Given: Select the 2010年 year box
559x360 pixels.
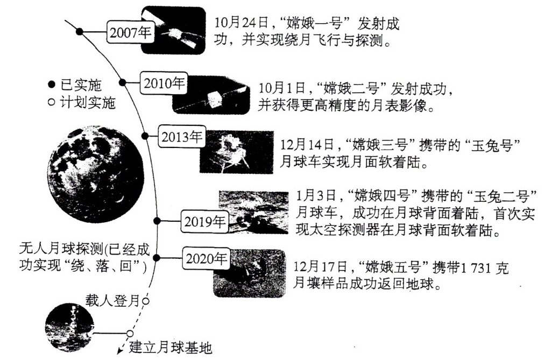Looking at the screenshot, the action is [x=164, y=83].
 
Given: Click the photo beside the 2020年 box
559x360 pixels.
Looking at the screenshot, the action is [x=249, y=273].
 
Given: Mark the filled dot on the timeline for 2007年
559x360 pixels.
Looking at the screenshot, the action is [x=79, y=32].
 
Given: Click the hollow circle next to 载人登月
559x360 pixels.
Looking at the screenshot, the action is [x=145, y=301].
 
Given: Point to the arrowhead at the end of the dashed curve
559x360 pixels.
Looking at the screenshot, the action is [x=119, y=353].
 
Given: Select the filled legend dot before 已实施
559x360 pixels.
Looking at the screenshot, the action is [x=52, y=84].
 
